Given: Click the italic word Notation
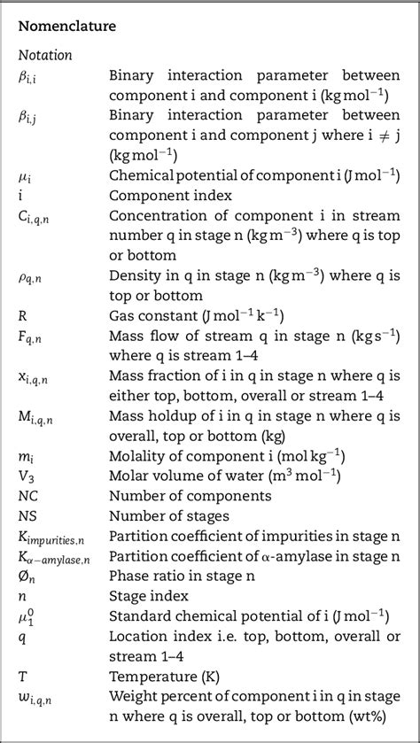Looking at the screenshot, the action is [x=45, y=55].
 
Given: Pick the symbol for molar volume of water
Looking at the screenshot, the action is [x=26, y=474].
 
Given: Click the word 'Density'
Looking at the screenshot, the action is [x=133, y=275].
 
